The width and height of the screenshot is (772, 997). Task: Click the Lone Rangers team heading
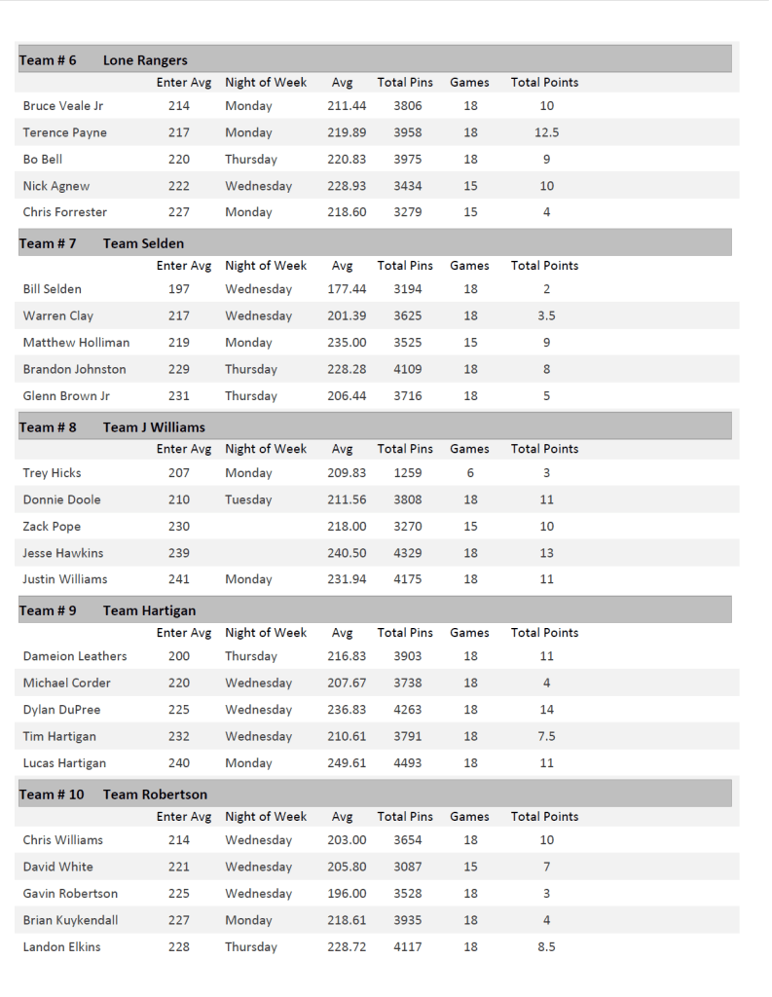tap(145, 60)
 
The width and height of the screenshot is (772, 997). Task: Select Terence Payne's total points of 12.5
tap(546, 132)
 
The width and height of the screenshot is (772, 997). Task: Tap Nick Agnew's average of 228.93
tap(347, 186)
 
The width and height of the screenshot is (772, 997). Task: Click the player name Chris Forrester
tap(65, 212)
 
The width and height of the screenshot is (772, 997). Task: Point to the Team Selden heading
tap(143, 243)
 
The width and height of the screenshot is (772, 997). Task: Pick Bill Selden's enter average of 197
tap(179, 289)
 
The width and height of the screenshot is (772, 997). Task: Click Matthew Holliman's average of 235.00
tap(347, 343)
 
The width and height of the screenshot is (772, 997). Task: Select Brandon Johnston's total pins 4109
tap(407, 369)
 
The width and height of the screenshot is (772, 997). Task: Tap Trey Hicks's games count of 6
tap(470, 473)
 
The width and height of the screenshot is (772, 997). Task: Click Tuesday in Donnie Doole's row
tap(248, 499)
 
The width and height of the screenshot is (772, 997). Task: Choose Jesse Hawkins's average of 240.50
tap(347, 553)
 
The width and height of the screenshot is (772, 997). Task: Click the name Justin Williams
tap(65, 579)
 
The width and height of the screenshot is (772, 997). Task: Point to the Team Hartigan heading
tap(149, 610)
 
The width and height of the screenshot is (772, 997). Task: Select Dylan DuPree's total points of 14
tap(546, 710)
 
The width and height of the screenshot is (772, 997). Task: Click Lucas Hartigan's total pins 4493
tap(407, 763)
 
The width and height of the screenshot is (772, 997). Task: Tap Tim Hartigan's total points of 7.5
tap(546, 736)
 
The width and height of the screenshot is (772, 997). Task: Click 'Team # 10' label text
tap(52, 794)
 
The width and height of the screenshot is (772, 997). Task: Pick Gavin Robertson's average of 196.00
tap(347, 894)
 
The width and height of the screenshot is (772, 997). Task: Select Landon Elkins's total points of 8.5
tap(546, 946)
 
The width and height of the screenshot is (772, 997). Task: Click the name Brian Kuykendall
tap(71, 920)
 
